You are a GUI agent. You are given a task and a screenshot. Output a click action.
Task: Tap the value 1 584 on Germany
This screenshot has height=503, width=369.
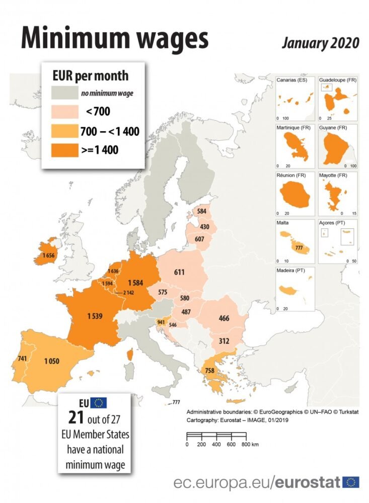coord(136,283)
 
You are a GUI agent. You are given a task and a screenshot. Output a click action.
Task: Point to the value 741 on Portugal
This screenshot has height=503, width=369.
coord(22,358)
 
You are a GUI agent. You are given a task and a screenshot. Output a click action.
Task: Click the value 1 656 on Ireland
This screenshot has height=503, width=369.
coord(48,256)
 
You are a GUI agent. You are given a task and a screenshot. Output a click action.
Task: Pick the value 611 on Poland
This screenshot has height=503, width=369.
coord(179,272)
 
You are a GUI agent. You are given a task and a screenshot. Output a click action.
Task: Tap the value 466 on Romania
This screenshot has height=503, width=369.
coord(225,318)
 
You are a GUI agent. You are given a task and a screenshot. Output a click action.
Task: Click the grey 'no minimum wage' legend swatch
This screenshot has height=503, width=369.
coord(64,93)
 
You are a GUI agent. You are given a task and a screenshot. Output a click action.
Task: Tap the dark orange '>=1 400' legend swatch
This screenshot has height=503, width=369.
coord(64,150)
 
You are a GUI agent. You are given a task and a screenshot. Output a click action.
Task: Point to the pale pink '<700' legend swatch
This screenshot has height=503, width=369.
coord(64,111)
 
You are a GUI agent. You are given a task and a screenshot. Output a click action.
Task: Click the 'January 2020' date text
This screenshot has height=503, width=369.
coord(321,43)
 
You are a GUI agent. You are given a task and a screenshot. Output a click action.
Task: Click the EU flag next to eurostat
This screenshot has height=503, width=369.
coord(351,482)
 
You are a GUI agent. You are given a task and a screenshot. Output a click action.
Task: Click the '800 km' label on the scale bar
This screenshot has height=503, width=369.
coord(249,444)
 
